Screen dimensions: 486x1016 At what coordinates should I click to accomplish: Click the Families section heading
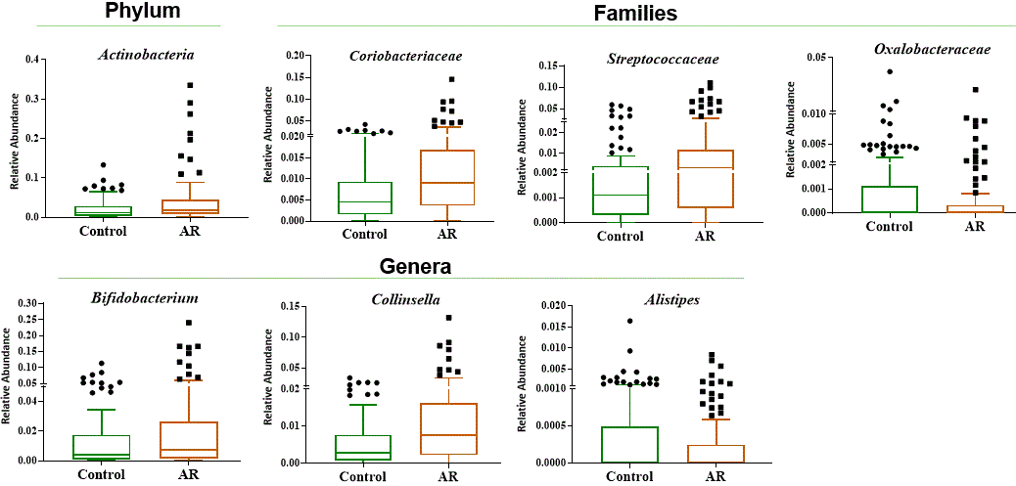[x=635, y=13]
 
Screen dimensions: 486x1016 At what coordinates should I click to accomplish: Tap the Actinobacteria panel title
[x=145, y=54]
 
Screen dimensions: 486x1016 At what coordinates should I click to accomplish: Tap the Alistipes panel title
[x=671, y=299]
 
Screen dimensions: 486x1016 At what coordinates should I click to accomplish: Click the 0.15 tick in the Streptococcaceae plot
[x=549, y=66]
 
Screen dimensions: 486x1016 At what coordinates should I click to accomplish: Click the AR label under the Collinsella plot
[x=447, y=476]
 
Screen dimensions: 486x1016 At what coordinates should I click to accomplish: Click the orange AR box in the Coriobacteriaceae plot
[x=447, y=177]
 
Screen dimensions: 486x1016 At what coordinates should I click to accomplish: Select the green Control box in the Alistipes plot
[x=629, y=444]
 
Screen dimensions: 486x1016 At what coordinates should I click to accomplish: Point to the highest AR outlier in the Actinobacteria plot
[x=190, y=85]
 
